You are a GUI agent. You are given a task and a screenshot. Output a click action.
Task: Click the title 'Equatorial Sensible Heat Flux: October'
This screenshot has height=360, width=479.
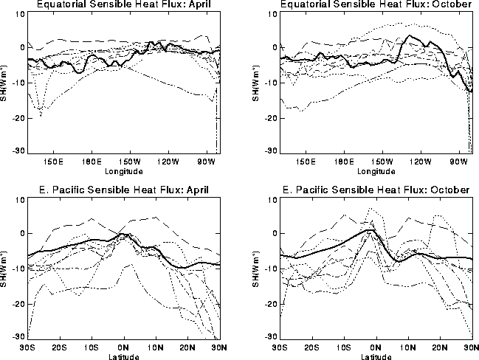coord(374,6)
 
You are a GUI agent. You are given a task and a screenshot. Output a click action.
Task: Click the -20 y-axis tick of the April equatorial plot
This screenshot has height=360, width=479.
coord(18,117)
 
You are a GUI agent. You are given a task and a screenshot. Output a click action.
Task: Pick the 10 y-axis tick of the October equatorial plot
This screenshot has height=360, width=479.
coord(272,13)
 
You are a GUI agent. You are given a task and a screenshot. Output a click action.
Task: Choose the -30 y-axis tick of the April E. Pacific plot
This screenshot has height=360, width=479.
coord(18,337)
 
